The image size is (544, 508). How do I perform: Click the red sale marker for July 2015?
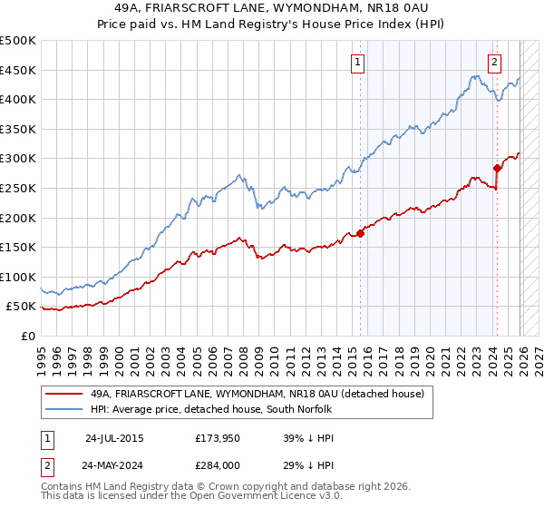[x=360, y=233]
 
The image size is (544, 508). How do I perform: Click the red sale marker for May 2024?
[x=497, y=168]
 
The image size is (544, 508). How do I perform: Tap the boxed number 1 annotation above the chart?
[x=358, y=63]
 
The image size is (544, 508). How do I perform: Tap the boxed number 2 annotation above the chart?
[x=495, y=63]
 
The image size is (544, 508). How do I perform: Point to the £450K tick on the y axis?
[x=19, y=71]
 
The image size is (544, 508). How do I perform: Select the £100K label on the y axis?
[x=19, y=277]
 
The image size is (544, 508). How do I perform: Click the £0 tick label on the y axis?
[x=27, y=336]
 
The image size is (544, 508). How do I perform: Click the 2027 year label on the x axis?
[x=538, y=357]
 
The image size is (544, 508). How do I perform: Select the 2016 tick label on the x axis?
[x=367, y=357]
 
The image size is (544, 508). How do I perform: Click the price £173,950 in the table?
[x=219, y=437]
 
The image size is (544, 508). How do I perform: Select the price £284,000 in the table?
[x=219, y=464]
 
